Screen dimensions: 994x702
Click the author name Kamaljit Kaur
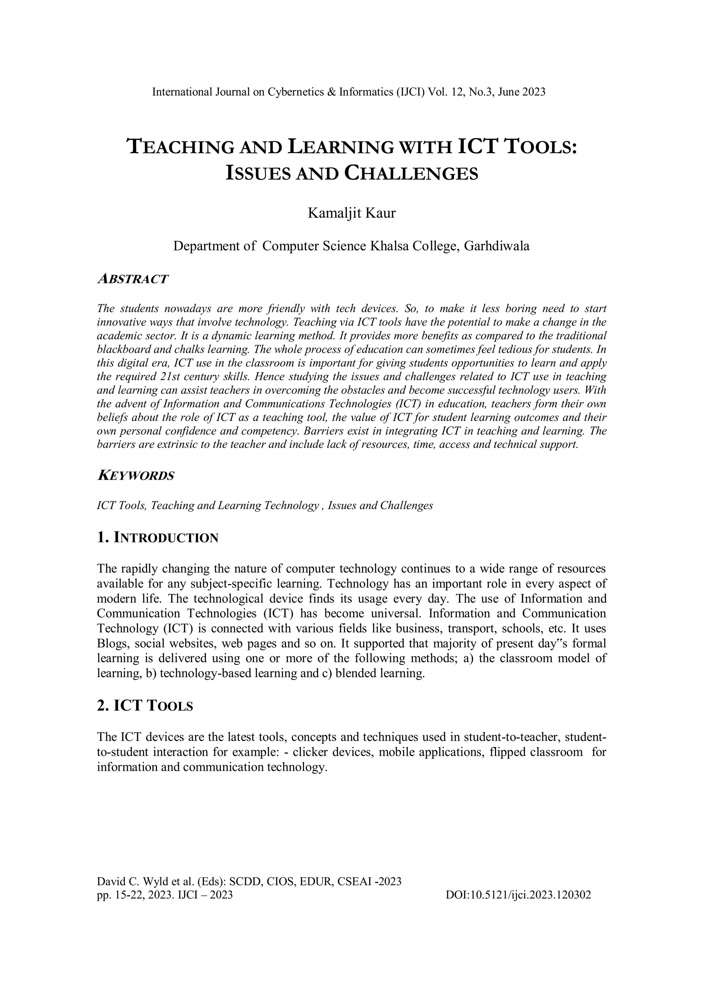pyautogui.click(x=351, y=213)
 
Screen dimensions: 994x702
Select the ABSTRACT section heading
pyautogui.click(x=132, y=279)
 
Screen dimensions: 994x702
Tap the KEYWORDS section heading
pyautogui.click(x=135, y=476)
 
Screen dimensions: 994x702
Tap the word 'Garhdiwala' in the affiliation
pyautogui.click(x=497, y=246)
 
